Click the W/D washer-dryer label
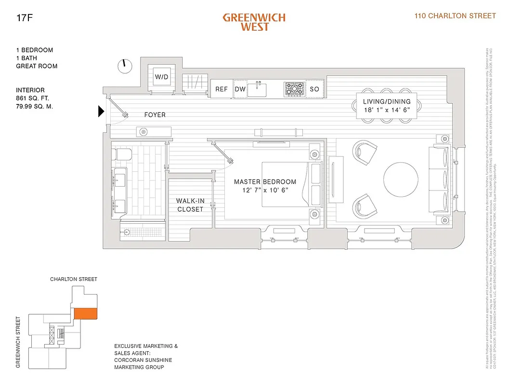tap(161, 77)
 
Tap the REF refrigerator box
tap(221, 89)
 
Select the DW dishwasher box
tap(240, 89)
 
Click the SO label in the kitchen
tap(314, 89)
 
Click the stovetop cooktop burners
tap(294, 89)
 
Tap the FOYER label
tap(155, 115)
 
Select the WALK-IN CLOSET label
tap(190, 205)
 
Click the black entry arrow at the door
tap(101, 112)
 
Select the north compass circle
tap(125, 66)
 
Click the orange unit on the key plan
tap(85, 313)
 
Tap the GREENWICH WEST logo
tap(254, 22)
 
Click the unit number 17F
tap(24, 19)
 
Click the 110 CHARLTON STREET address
tap(455, 16)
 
